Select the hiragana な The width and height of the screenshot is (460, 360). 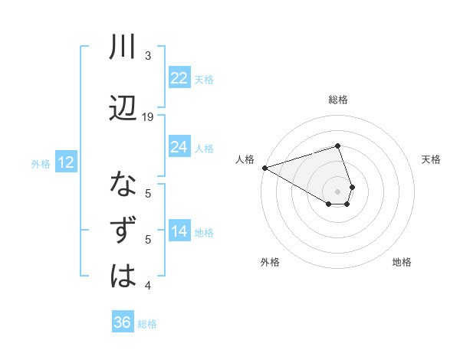(123, 185)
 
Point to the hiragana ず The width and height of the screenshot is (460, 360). (123, 231)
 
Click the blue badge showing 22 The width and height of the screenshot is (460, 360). (179, 78)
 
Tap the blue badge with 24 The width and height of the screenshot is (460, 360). (179, 146)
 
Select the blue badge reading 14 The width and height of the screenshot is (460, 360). (179, 231)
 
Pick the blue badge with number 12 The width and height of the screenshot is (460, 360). (65, 162)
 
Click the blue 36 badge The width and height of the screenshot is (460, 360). (122, 322)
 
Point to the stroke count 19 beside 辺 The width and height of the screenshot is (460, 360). (148, 116)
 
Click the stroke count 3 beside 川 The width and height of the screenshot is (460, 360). (148, 56)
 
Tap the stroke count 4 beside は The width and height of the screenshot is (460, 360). (148, 286)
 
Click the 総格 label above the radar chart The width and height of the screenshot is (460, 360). (337, 100)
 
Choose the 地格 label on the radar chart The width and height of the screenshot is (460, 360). (402, 262)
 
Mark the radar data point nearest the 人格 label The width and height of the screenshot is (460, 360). (264, 167)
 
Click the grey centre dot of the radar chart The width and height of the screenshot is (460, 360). (337, 191)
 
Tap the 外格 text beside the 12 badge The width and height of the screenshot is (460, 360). (40, 163)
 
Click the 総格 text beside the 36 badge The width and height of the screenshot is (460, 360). (147, 324)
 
